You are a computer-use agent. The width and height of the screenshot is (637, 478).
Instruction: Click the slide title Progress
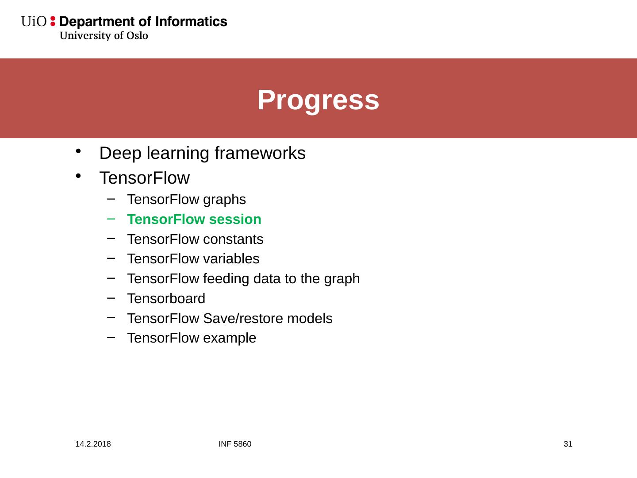coord(318,100)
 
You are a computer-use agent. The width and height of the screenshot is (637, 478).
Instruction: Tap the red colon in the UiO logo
coord(53,21)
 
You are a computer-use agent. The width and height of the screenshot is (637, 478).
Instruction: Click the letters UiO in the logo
coord(34,22)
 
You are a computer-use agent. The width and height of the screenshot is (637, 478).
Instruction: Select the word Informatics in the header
coord(191,22)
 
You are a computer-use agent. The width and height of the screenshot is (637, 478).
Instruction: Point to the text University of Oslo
coord(104,35)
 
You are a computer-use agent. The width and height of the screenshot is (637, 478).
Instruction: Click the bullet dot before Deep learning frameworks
coord(78,151)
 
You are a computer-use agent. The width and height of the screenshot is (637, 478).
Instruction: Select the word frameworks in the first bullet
coord(260,153)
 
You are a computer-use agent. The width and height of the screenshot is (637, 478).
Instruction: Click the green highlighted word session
coord(235,219)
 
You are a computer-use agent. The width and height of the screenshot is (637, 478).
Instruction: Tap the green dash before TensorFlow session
coord(111,219)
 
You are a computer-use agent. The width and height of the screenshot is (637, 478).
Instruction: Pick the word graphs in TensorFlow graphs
coord(224,200)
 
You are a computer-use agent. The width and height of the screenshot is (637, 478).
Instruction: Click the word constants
coord(233,239)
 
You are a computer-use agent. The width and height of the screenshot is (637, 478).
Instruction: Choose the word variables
coord(231,258)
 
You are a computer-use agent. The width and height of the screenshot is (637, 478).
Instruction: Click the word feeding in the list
coord(226,279)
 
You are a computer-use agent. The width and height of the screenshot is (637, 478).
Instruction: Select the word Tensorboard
coord(166,298)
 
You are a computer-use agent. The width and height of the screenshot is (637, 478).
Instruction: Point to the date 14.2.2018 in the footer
coord(93,444)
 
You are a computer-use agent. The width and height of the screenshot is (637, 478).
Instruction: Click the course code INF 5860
coord(235,444)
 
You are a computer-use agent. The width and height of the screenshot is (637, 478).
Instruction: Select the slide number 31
coord(568,444)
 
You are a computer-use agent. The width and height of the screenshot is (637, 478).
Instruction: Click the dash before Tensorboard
coord(111,298)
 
